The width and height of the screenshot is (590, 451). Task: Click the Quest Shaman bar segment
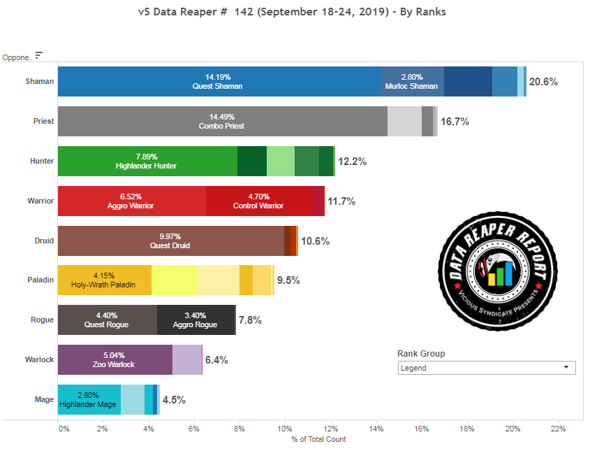click(x=219, y=81)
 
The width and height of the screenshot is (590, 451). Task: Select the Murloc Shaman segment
click(x=412, y=81)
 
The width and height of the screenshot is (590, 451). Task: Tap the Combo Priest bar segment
click(x=222, y=121)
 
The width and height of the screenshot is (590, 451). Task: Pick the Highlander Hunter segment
click(x=147, y=161)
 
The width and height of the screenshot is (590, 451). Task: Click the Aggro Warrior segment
click(x=131, y=201)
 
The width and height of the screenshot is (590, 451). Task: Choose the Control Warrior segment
click(x=258, y=201)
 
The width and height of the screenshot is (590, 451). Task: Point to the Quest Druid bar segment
click(x=170, y=241)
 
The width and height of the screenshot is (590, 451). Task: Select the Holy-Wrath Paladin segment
click(x=104, y=280)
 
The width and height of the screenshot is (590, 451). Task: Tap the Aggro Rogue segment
click(x=196, y=320)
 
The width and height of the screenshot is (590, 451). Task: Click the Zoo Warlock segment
click(x=115, y=359)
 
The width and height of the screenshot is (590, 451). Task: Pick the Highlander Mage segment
click(x=89, y=399)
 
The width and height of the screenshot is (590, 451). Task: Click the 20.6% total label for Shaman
click(x=544, y=82)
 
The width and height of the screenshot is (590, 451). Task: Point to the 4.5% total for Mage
click(x=174, y=400)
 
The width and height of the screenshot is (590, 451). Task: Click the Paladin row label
click(x=42, y=280)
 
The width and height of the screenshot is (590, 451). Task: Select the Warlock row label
click(x=40, y=359)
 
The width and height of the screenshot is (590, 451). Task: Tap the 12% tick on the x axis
click(x=330, y=428)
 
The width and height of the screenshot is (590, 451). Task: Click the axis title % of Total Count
click(x=318, y=439)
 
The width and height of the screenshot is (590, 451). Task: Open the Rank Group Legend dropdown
click(x=487, y=368)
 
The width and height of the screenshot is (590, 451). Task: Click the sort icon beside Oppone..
click(x=39, y=55)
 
